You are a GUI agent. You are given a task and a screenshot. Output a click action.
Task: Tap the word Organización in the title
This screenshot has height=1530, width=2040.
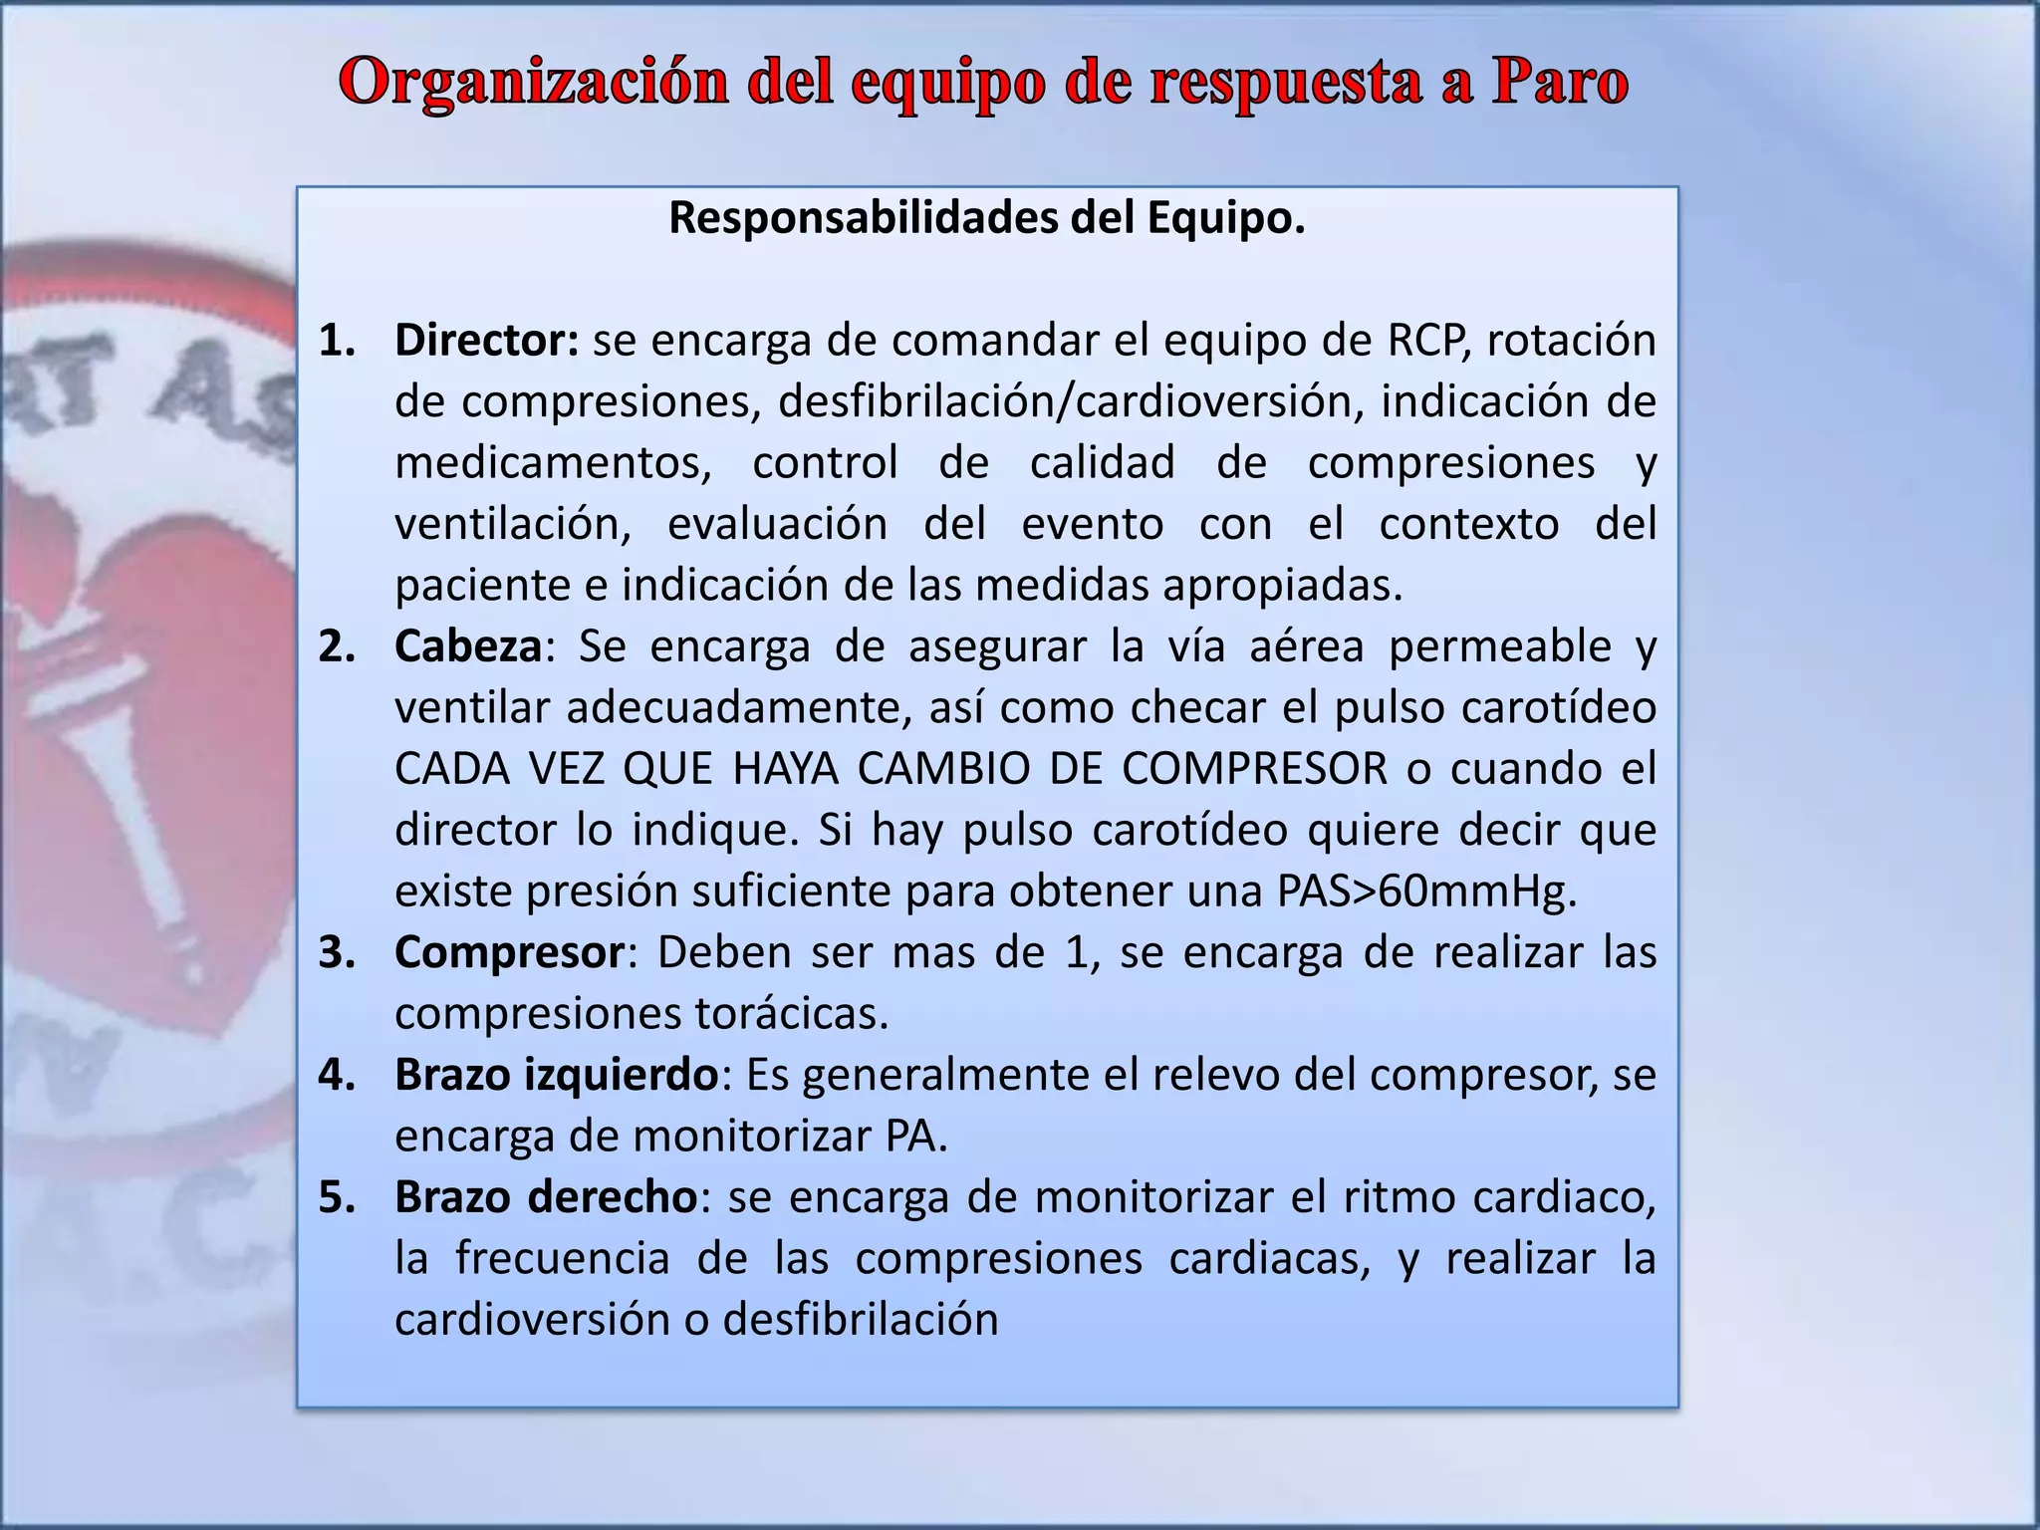pos(534,83)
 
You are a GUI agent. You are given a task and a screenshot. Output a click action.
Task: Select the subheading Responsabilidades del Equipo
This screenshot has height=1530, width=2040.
pos(986,218)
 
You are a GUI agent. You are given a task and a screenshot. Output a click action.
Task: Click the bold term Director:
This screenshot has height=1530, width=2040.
pos(486,341)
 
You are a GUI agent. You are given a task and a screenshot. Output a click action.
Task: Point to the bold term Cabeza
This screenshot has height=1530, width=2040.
pos(468,646)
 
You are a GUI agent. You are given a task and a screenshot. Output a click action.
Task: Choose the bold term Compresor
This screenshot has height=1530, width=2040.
pos(509,952)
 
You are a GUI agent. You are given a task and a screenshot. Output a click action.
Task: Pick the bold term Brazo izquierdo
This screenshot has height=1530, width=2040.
pos(556,1075)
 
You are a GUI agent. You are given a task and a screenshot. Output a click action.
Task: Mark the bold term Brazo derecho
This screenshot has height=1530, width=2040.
pos(547,1197)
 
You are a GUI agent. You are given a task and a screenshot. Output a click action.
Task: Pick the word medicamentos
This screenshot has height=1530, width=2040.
pos(553,463)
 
